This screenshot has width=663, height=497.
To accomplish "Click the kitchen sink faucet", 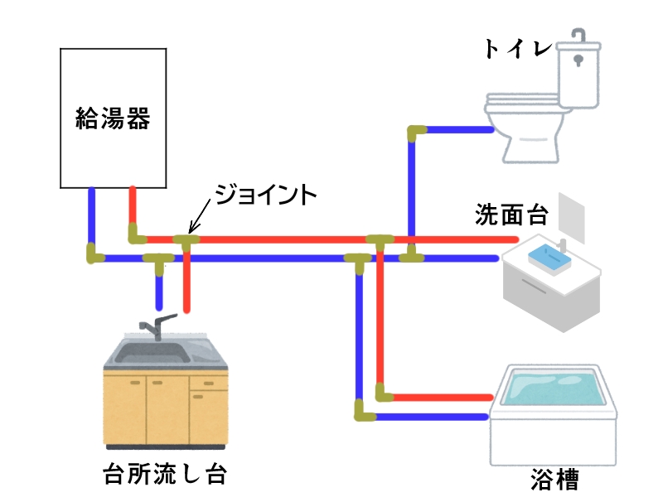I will (x=152, y=326).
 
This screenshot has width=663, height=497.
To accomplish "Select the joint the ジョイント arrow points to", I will (x=186, y=241).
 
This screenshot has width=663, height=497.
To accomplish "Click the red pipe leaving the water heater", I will (x=132, y=207).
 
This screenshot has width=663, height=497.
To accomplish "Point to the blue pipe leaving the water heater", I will (x=91, y=215).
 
